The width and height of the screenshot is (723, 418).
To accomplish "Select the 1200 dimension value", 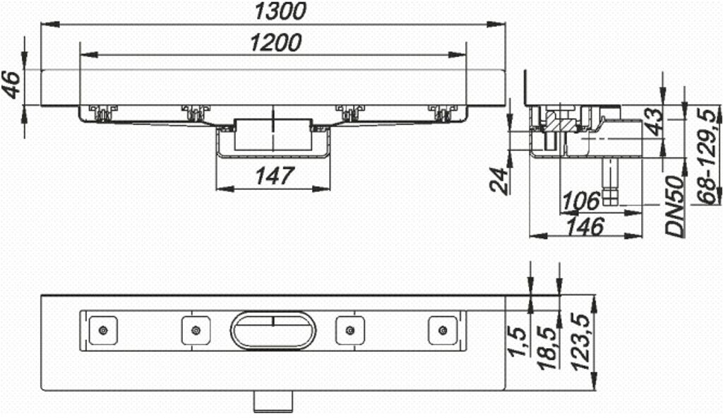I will click(275, 42).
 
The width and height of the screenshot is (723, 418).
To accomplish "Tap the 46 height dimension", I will click(12, 85).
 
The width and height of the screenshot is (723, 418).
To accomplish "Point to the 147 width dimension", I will click(273, 175).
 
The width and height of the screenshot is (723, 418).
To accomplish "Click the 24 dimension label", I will click(498, 180).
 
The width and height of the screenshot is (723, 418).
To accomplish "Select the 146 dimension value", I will click(585, 226).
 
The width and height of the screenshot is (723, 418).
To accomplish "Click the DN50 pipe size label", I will click(676, 206).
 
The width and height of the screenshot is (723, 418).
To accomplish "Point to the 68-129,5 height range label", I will click(705, 155).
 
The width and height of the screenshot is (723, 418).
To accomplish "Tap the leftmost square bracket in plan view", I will click(103, 330).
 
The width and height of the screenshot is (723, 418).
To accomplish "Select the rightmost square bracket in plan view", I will click(443, 330).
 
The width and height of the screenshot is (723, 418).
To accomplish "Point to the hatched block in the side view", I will click(562, 124).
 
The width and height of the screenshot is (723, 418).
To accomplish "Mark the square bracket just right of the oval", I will click(349, 330).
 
